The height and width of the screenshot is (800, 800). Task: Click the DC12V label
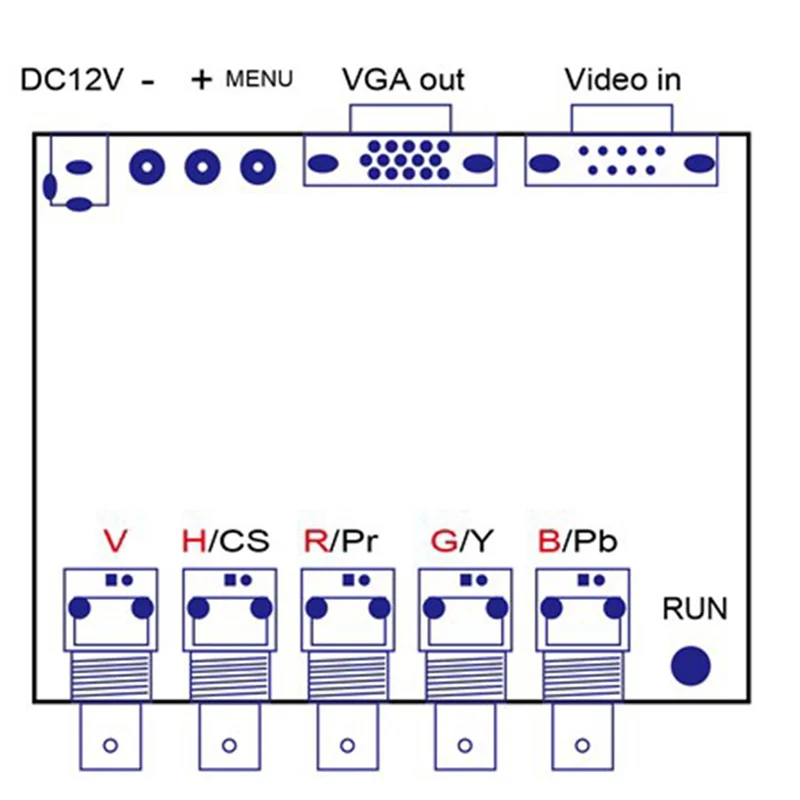tap(72, 80)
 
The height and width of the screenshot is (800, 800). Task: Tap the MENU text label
tap(259, 78)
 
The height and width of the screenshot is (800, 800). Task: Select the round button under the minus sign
tap(147, 166)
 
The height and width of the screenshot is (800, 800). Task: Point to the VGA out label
tap(403, 79)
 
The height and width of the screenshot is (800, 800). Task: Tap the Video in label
tap(622, 79)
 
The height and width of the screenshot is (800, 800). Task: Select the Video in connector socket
tap(621, 160)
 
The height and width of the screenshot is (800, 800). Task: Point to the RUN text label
tap(695, 608)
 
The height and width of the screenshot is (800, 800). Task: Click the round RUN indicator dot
tap(690, 666)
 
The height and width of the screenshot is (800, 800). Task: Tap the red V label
tap(115, 542)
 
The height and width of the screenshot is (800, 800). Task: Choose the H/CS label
tap(225, 542)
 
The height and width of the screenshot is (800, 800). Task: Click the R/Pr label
tap(341, 542)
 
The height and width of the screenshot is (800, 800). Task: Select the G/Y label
tap(461, 542)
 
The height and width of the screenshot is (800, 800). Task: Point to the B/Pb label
tap(577, 542)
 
